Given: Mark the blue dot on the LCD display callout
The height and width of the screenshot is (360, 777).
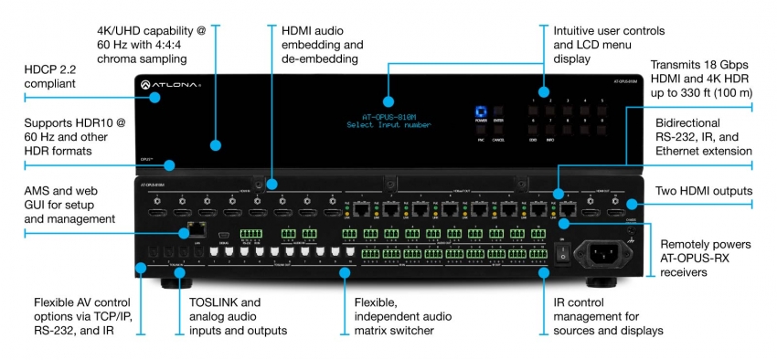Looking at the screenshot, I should coord(387,101).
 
